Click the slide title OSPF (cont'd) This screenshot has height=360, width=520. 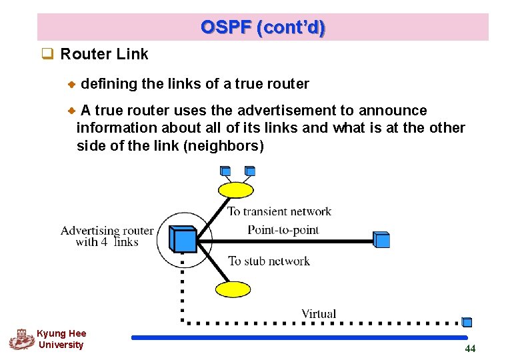(263, 27)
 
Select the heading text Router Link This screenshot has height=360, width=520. (104, 54)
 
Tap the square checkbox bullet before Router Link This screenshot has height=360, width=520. (47, 55)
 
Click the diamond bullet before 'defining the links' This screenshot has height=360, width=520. (73, 85)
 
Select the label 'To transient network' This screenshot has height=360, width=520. (279, 212)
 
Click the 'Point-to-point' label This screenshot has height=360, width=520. (283, 230)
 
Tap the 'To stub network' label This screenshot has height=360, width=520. (269, 261)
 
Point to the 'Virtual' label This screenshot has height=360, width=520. (319, 313)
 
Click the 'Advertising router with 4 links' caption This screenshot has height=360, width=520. (107, 236)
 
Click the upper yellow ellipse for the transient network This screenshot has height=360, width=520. (237, 191)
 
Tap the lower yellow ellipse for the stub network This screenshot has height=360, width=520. (233, 289)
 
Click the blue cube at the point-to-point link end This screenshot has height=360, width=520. (381, 240)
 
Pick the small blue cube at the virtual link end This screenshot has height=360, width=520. (467, 322)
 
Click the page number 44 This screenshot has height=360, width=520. (470, 349)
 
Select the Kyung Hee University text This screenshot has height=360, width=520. (61, 339)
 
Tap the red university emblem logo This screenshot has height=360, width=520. (21, 339)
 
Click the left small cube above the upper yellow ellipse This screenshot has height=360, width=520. (226, 171)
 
